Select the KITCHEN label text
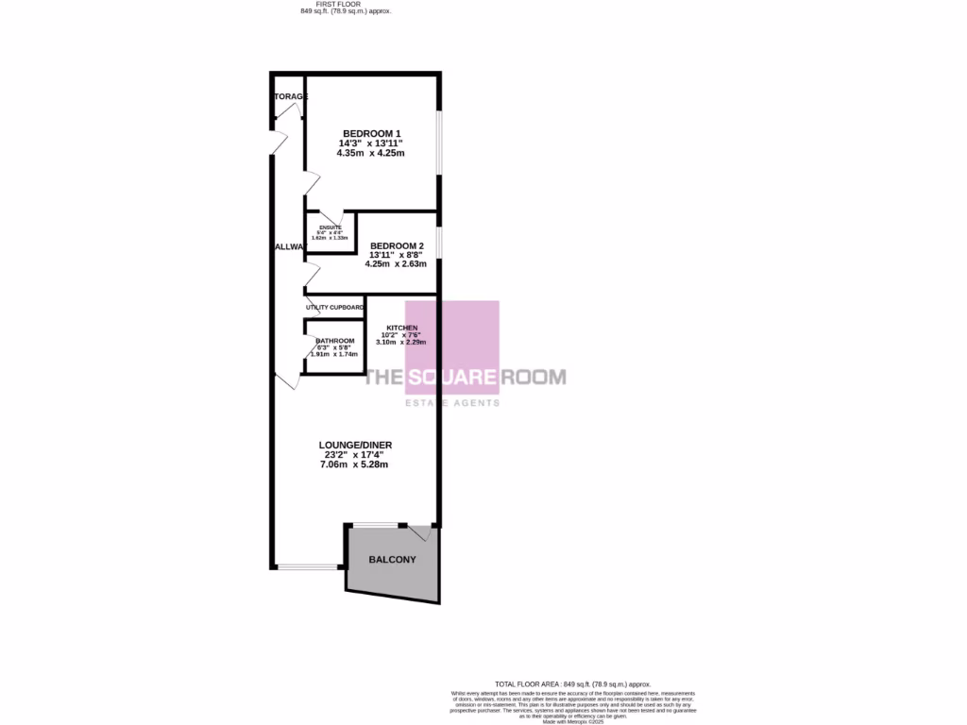coord(401,328)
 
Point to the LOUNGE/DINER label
coord(355,445)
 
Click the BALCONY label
coord(392,560)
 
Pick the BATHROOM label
coord(335,341)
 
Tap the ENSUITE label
coord(330,228)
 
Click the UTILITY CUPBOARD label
coord(334,308)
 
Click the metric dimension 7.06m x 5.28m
coord(355,464)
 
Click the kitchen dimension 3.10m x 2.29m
coord(401,342)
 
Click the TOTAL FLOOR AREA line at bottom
coord(573,683)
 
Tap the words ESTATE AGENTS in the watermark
coord(452,402)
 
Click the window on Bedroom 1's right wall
coord(437,143)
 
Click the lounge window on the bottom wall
coord(307,566)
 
